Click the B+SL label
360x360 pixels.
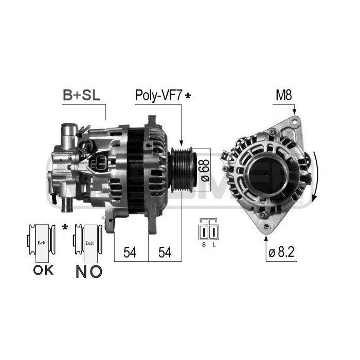[81, 95]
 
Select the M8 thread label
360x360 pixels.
[284, 95]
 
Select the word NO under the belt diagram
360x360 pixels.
[88, 271]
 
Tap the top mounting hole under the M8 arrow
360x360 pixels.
[295, 122]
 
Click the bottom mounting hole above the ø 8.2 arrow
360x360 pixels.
[265, 226]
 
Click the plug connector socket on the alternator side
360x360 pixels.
[101, 164]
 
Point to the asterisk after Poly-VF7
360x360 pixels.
[188, 96]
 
